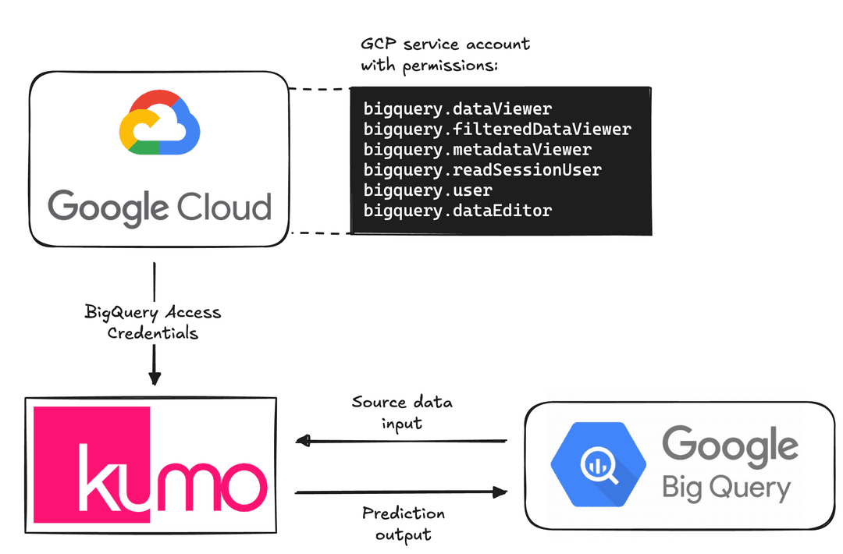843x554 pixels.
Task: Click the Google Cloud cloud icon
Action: [x=159, y=125]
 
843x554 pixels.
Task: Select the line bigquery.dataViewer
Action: [x=457, y=108]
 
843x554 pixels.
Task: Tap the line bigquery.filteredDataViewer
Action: [x=496, y=129]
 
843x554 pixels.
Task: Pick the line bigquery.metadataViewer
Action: [x=477, y=149]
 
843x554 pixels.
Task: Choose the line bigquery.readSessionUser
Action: [x=482, y=169]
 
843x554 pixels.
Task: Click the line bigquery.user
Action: [x=428, y=190]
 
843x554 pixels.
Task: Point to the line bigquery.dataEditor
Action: [x=457, y=210]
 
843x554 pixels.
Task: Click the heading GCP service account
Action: [x=445, y=44]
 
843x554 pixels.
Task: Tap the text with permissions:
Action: [x=429, y=66]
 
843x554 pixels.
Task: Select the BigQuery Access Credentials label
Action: [x=153, y=322]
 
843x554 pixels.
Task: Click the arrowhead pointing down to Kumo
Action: [x=155, y=378]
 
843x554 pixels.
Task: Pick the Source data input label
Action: [x=402, y=412]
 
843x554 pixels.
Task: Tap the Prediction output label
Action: [x=403, y=524]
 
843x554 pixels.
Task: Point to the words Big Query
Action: [x=726, y=488]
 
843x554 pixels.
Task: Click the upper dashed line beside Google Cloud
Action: [x=320, y=89]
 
